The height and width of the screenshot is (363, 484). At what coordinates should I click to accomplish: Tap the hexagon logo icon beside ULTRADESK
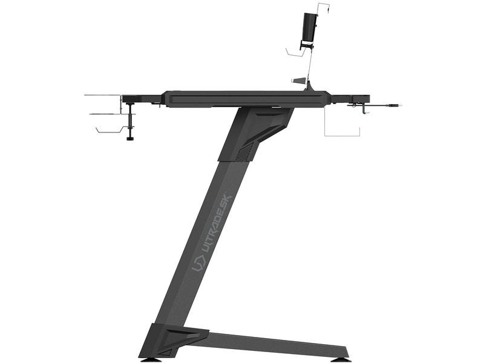(198, 263)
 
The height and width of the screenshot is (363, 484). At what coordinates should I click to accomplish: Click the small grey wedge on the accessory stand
(299, 80)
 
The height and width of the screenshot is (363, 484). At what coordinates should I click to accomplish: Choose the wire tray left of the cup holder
(295, 53)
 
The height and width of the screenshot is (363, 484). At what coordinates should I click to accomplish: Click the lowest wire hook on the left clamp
(112, 129)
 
